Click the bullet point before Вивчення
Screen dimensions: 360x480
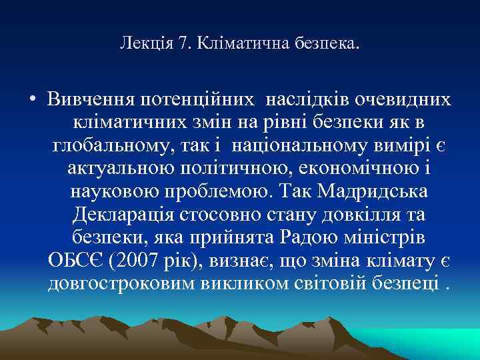tap(32, 101)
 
